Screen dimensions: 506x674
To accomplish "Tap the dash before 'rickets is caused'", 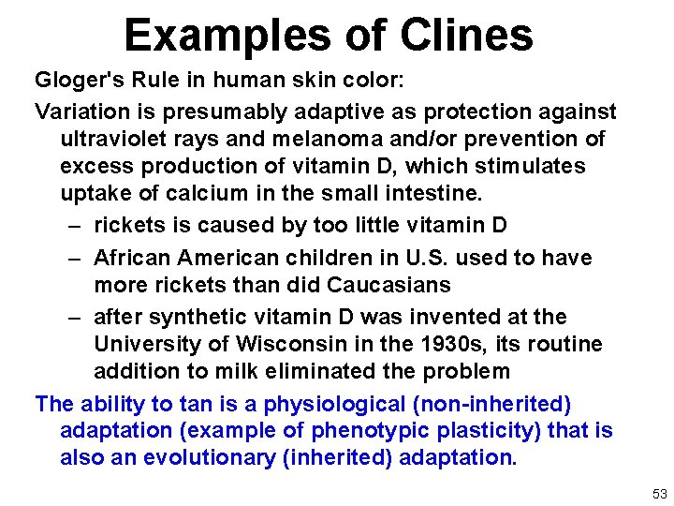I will [x=74, y=225].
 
